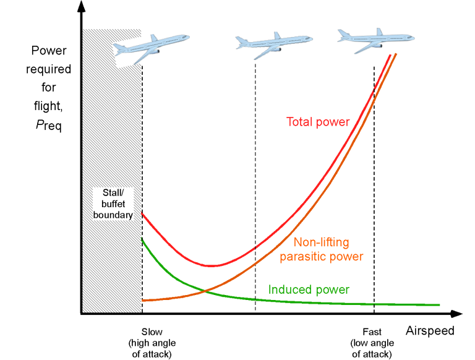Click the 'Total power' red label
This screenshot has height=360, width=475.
318,122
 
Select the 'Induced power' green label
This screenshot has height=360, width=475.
309,289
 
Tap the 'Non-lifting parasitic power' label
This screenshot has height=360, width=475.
321,249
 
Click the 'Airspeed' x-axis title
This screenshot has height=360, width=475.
430,331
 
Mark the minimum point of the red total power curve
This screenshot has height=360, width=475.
212,265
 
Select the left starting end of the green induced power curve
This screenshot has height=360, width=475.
143,238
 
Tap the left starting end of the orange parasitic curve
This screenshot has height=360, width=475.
143,300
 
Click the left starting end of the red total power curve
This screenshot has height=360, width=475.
143,213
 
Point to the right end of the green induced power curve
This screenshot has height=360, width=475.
439,305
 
